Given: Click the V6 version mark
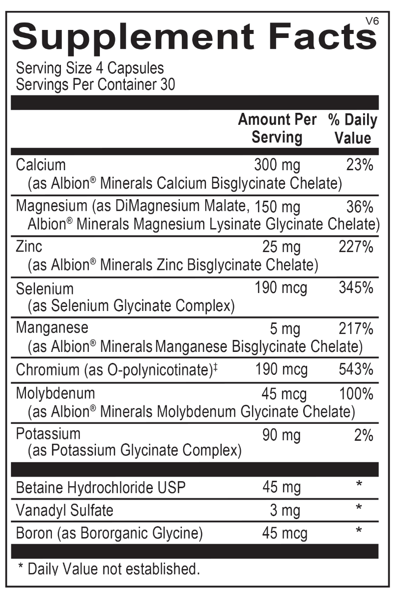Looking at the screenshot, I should tap(370, 20).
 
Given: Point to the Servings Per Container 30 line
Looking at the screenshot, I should tap(95, 84).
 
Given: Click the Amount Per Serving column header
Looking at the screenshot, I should tap(277, 128).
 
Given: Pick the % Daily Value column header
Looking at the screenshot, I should tap(353, 128).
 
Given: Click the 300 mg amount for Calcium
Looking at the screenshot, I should tap(277, 164).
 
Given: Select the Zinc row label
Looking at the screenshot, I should tap(29, 246).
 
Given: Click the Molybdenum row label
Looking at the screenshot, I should tap(55, 394).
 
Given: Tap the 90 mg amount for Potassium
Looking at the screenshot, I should tap(282, 436).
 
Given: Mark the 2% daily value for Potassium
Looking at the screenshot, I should tap(364, 436).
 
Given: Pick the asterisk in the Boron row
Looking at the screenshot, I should tap(359, 533).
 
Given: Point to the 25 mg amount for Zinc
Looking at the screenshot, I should tap(282, 246).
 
